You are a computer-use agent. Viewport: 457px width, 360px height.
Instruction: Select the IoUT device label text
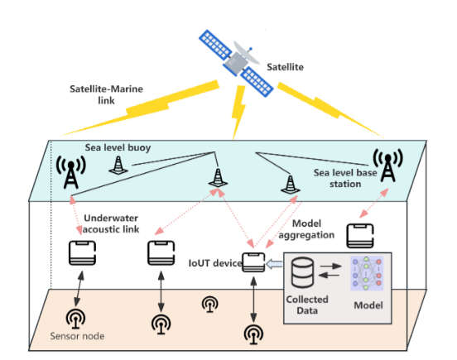(x=214, y=263)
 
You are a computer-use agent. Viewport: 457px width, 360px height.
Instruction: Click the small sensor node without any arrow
(x=210, y=305)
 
